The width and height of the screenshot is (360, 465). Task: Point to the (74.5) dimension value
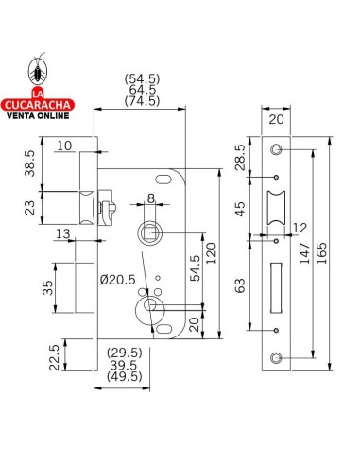click(142, 100)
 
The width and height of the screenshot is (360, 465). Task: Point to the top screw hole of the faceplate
click(276, 150)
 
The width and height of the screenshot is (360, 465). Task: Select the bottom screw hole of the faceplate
click(276, 357)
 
